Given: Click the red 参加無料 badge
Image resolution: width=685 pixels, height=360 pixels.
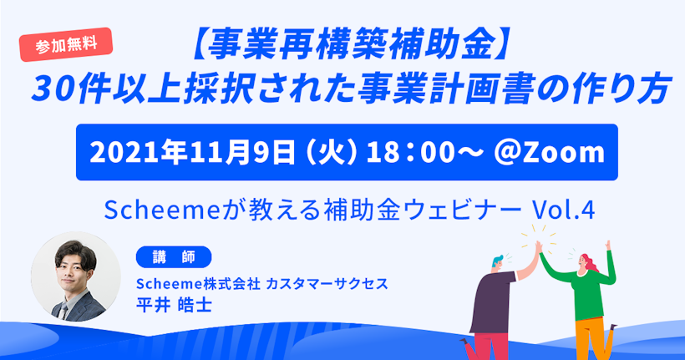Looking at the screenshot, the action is [x=66, y=44].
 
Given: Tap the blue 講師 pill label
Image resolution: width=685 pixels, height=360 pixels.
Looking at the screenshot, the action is [x=174, y=257].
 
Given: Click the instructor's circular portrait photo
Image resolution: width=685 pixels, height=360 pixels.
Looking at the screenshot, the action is [x=75, y=277].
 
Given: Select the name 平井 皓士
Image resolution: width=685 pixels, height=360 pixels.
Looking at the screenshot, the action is [x=174, y=305].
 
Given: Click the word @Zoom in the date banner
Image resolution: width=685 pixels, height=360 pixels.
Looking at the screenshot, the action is [x=549, y=153].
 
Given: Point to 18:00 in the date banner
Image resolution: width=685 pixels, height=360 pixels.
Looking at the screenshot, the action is [x=410, y=153].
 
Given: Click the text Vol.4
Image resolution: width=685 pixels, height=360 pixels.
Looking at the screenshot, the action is [x=563, y=210].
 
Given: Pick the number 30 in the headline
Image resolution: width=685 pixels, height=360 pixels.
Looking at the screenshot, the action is [x=52, y=89].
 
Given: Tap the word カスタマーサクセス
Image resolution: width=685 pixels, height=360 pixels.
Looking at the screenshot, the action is [x=327, y=284].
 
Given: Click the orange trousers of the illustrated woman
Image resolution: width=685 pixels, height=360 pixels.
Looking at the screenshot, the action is [x=590, y=337].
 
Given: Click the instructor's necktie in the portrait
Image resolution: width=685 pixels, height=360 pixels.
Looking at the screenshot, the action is [x=63, y=312].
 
